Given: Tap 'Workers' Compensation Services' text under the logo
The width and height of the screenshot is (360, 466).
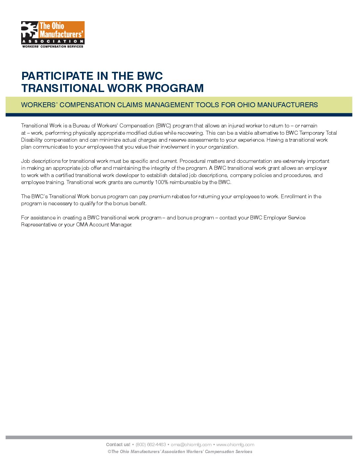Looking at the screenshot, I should [53, 47].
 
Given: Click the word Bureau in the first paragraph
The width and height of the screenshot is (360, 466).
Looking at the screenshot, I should [81, 126].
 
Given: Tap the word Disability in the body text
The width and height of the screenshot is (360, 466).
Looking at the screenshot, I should [32, 140].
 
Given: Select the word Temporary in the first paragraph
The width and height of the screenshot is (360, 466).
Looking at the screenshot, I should [312, 133].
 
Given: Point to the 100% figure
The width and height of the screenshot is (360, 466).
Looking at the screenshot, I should [161, 182].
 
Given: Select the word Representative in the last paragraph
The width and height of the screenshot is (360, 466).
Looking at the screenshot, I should [39, 225].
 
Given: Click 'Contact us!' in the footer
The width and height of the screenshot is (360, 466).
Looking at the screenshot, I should [118, 444].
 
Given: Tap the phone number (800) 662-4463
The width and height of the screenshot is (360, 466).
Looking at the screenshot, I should [151, 444].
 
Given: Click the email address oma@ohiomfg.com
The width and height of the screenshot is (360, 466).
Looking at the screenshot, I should [191, 444].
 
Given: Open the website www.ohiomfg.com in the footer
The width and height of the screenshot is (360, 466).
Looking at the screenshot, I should [235, 444].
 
